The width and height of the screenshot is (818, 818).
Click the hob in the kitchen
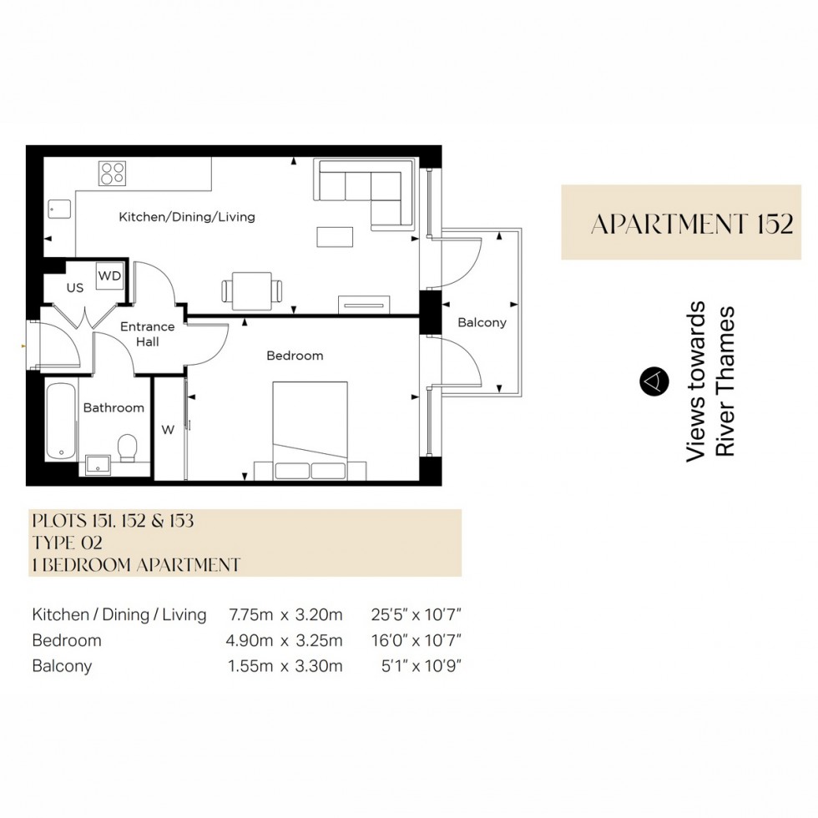[x=112, y=173]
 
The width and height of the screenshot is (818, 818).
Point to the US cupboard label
[x=75, y=288]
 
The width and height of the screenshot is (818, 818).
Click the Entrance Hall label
[x=147, y=334]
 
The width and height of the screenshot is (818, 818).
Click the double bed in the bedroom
[x=310, y=430]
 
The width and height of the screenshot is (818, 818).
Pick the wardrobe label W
[x=168, y=430]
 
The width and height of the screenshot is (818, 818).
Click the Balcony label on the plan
[x=482, y=322]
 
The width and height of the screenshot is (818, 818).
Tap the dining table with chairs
[x=251, y=290]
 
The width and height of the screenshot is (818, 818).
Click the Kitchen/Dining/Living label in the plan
[x=187, y=217]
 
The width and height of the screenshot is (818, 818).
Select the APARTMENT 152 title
[x=691, y=224]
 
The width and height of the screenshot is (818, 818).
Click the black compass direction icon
[x=654, y=381]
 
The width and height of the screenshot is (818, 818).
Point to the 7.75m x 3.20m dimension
[x=285, y=615]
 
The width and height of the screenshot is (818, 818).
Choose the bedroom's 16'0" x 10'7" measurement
[x=417, y=641]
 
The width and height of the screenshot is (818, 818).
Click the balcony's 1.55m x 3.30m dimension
[x=285, y=666]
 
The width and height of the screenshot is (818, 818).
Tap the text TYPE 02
[x=67, y=543]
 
